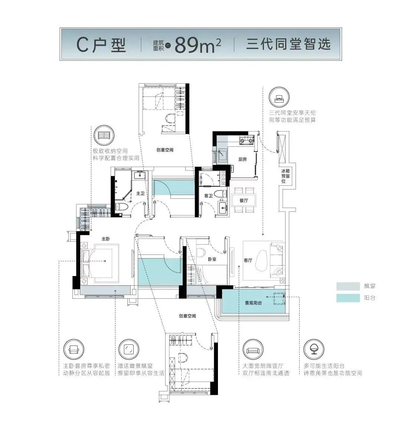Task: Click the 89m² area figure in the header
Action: click(x=198, y=45)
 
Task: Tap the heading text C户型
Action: click(x=101, y=45)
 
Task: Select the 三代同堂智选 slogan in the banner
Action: click(x=288, y=44)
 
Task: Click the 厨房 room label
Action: click(x=242, y=159)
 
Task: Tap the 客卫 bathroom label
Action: click(x=208, y=195)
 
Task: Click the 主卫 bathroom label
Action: click(x=140, y=194)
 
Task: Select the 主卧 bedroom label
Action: click(x=106, y=239)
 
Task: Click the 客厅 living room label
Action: click(x=248, y=260)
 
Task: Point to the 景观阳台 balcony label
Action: click(x=253, y=303)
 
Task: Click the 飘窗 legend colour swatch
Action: click(x=348, y=286)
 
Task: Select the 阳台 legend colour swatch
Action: click(x=348, y=298)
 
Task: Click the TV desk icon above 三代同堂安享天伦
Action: click(x=279, y=97)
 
